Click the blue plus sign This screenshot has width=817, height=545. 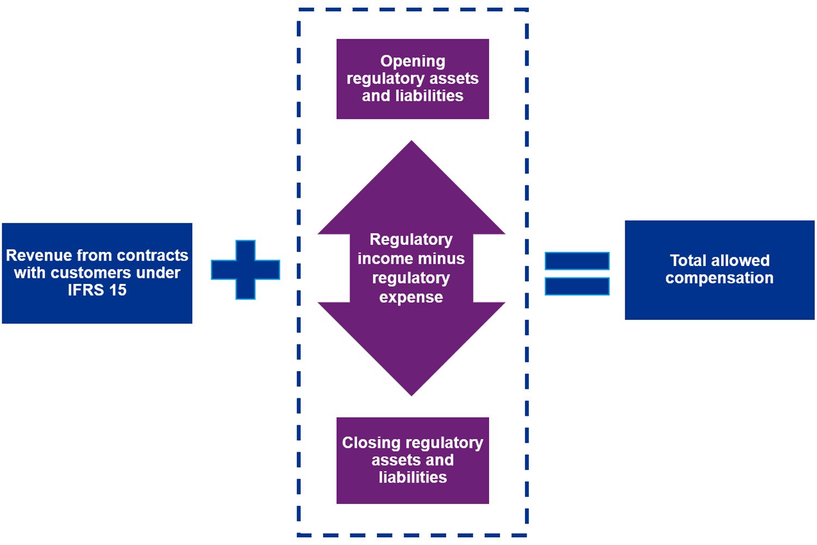246,270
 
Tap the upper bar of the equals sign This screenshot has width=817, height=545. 577,261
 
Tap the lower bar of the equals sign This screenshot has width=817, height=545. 577,286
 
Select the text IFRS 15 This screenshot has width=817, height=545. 97,290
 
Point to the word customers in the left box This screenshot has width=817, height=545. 89,272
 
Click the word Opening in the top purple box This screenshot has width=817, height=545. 412,61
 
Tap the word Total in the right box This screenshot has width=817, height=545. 688,261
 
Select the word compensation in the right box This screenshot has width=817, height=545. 719,278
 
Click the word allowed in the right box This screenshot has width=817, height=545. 743,261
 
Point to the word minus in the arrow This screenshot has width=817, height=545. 442,258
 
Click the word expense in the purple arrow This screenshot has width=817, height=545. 411,297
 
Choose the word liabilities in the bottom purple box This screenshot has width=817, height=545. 412,477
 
